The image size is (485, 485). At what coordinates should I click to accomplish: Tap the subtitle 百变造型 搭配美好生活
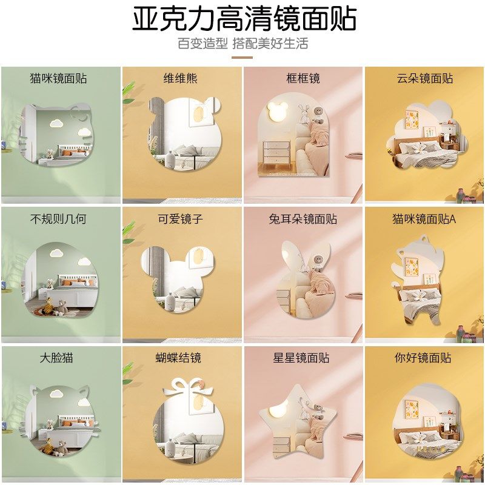click(x=242, y=44)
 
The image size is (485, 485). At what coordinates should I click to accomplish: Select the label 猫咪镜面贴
click(x=58, y=78)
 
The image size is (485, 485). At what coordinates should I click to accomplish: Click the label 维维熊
click(x=180, y=78)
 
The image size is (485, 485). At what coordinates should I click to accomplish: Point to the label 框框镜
click(x=303, y=78)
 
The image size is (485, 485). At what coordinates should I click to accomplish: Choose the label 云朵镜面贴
click(x=425, y=78)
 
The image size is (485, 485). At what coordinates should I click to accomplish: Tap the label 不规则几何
click(x=58, y=219)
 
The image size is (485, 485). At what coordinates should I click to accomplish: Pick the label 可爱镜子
click(x=180, y=219)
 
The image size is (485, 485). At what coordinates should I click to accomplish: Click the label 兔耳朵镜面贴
click(x=303, y=219)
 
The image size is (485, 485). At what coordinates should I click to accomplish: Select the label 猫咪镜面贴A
click(x=424, y=219)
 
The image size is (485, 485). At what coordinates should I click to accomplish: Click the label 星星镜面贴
click(x=303, y=358)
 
